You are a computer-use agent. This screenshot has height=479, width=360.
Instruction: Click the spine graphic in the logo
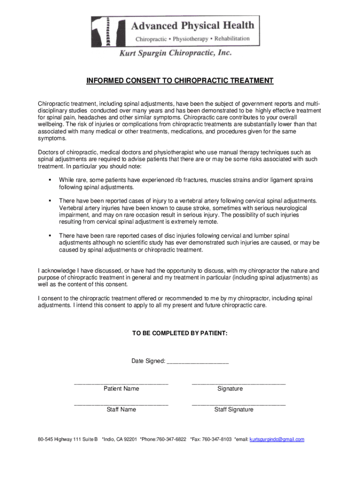[108, 32]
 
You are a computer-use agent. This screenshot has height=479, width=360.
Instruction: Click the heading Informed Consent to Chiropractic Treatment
[180, 81]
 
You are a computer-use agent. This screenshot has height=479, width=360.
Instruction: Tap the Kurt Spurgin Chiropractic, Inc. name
[175, 54]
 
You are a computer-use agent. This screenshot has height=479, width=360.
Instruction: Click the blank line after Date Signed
[197, 362]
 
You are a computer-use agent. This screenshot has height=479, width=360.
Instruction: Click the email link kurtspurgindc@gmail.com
[277, 439]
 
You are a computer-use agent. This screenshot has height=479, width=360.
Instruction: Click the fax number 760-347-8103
[217, 439]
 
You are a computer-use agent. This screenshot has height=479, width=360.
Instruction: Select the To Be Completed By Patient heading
[180, 334]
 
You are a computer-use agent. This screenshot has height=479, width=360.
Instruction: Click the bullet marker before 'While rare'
[49, 180]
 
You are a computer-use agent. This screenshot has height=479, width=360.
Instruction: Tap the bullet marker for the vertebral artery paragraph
[49, 200]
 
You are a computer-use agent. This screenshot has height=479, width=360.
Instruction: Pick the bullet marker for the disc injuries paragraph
[49, 235]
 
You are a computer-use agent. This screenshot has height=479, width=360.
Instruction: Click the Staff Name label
[121, 410]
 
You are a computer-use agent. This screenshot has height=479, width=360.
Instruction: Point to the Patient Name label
[121, 389]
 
